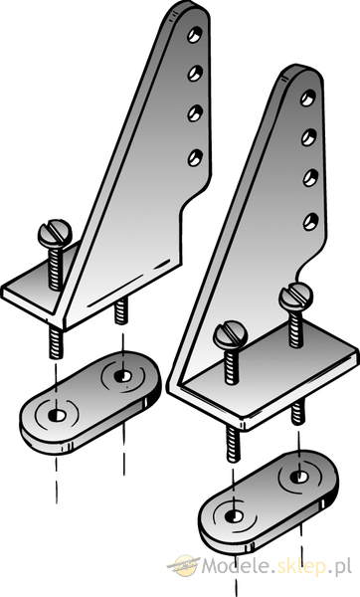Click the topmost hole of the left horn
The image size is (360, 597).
(x=195, y=34)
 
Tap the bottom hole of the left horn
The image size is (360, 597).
(x=195, y=157)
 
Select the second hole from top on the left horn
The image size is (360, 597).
(x=195, y=73)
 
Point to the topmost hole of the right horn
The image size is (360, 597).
(x=308, y=98)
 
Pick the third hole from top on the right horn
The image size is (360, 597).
(x=310, y=178)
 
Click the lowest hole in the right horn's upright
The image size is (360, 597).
(x=311, y=222)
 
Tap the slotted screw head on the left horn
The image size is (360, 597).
(x=55, y=233)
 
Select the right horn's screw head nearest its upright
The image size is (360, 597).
(x=295, y=297)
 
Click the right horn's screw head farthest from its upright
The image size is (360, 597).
(x=231, y=334)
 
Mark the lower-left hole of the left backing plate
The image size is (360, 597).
(x=57, y=415)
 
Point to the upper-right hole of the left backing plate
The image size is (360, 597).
(x=122, y=376)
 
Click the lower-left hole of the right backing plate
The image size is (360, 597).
(x=233, y=516)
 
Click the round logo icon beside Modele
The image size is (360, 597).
(x=184, y=565)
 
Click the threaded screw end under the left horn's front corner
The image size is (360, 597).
(x=56, y=342)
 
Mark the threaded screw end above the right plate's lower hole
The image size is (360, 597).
(x=234, y=444)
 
